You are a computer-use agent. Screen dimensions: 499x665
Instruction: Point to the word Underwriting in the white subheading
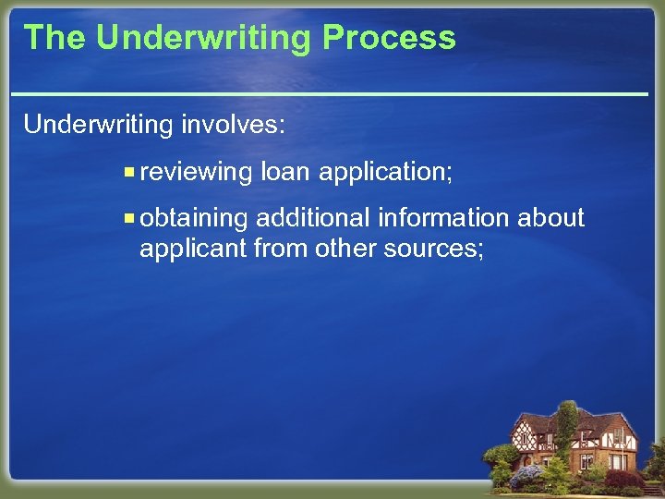98,125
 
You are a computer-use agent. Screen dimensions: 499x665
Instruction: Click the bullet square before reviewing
130,172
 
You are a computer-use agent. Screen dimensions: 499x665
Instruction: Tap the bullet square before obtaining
130,218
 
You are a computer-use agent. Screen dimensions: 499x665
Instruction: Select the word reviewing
197,172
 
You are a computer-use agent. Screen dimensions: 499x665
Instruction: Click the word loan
286,171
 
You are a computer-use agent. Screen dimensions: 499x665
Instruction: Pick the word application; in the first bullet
386,172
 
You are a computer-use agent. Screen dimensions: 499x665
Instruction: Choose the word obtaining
195,219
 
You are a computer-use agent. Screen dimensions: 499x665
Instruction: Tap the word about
550,218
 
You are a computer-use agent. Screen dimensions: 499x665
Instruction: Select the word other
345,248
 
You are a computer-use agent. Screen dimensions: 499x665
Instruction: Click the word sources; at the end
434,248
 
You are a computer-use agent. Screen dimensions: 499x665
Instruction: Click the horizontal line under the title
332,94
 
